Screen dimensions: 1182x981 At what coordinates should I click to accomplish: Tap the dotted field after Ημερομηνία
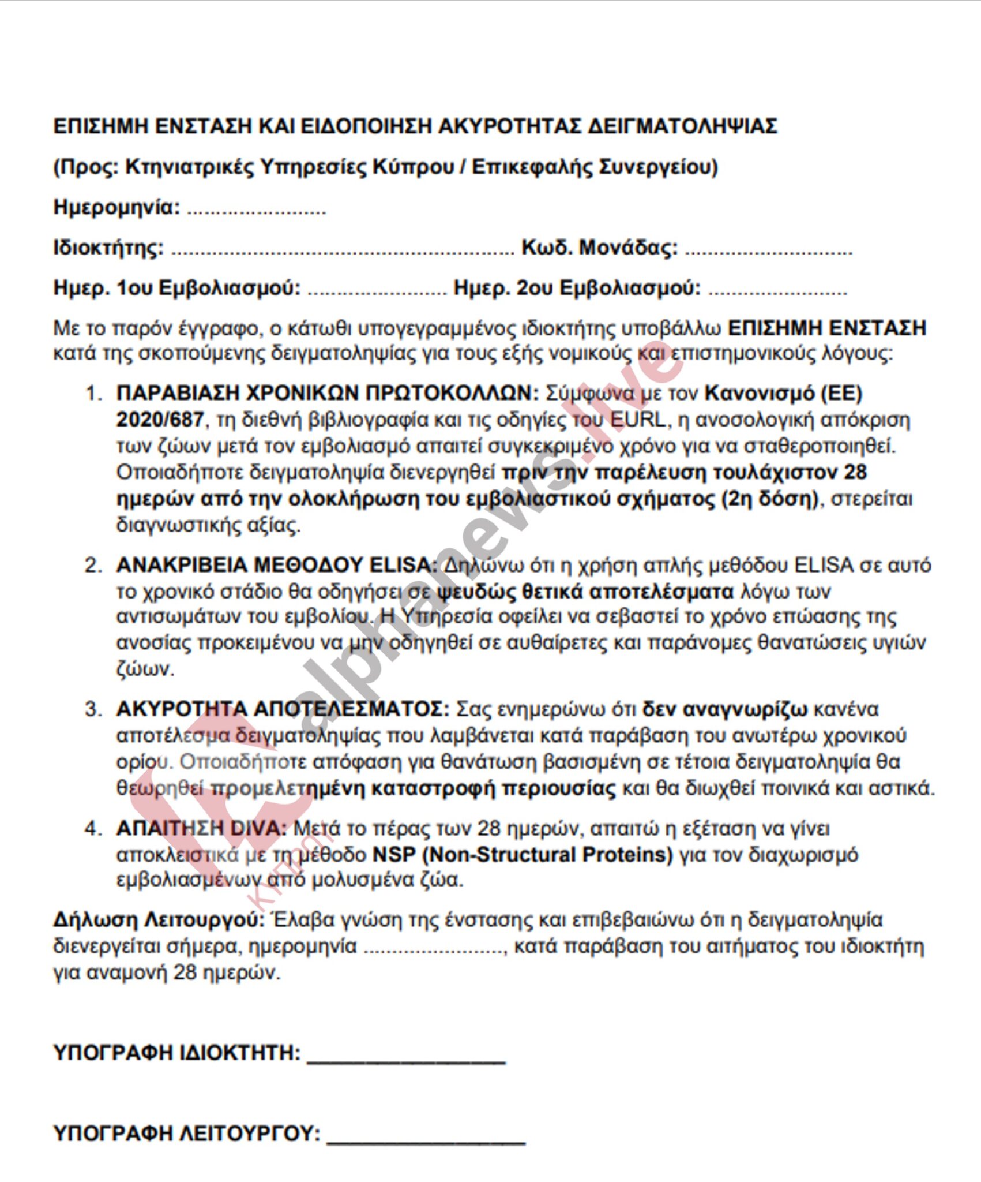256,209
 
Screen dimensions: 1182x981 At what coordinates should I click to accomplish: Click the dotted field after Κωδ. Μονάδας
768,250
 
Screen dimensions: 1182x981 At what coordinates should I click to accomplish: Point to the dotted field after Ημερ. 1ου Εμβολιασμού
377,290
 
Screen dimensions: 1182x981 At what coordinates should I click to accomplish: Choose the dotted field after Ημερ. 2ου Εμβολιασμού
777,290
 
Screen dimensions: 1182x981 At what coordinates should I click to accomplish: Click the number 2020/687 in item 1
160,420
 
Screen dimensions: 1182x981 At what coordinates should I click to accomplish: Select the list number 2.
93,565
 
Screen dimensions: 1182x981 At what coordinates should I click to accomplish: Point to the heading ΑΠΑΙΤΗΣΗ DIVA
201,829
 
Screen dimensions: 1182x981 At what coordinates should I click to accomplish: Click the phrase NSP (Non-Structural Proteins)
523,855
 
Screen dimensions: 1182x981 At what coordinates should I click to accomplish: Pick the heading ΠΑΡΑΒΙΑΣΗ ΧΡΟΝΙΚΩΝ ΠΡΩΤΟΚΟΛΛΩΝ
327,394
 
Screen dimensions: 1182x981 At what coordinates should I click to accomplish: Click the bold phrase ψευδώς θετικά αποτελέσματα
586,592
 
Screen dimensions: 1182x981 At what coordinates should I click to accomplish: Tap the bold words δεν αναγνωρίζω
726,709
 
